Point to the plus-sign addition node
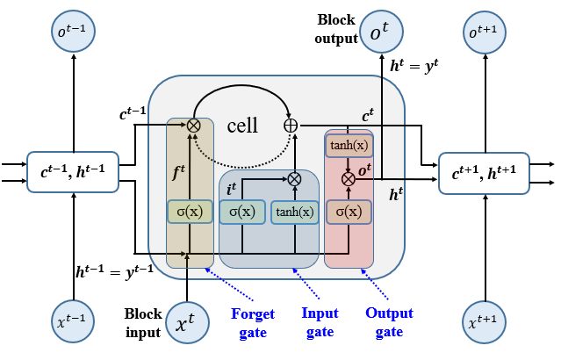291,126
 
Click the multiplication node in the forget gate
193,126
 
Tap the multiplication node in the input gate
295,178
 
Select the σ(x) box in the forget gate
189,212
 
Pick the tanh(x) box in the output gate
349,145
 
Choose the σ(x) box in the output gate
349,212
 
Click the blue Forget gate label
253,322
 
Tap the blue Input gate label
320,322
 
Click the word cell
241,126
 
